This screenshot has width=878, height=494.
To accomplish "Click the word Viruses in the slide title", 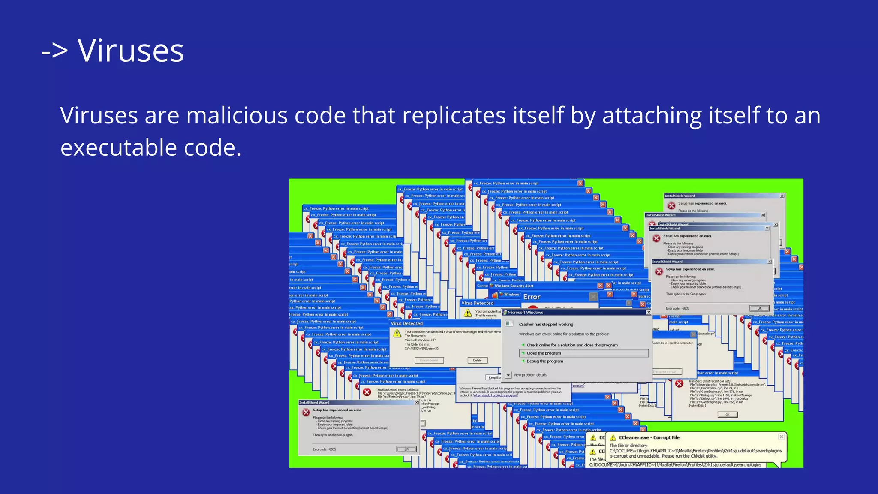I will tap(131, 51).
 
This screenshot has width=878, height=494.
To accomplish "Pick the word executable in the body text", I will tap(119, 148).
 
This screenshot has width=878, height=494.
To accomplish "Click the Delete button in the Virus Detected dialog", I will tap(477, 361).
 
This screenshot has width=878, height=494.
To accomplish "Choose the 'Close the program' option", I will tap(544, 353).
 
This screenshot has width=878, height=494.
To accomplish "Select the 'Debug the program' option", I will tap(544, 361).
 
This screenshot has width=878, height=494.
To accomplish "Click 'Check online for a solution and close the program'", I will tap(572, 345).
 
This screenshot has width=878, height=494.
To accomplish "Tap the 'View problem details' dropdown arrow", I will tap(508, 375).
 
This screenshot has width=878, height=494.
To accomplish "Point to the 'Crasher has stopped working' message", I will tap(546, 325).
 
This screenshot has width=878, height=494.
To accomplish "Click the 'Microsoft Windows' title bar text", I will tap(525, 313).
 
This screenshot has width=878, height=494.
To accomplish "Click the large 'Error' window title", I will tap(532, 297).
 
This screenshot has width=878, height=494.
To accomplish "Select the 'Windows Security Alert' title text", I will tap(514, 286).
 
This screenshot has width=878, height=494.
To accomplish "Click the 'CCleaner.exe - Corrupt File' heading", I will tap(649, 438).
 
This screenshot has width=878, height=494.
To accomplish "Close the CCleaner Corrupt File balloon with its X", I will tap(781, 437).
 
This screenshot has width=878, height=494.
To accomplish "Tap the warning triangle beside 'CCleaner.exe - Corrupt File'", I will tap(613, 438).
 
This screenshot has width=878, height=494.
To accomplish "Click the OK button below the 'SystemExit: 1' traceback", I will tap(728, 415).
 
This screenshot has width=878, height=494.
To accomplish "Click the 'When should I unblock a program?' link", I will tap(495, 395).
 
